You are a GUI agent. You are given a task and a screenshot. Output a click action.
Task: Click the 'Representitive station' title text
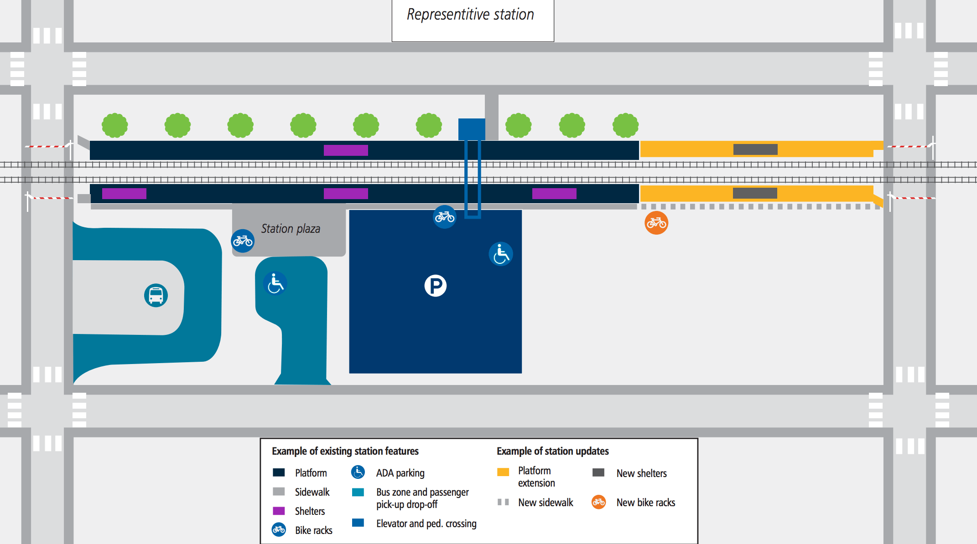470,15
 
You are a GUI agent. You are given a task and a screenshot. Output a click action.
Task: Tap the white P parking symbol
436,286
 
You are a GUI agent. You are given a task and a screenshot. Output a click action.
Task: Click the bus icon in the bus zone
156,295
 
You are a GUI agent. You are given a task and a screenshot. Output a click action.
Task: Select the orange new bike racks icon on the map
656,223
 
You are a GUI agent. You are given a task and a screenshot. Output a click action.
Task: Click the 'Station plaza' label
291,229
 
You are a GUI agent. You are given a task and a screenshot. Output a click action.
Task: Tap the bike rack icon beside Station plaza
243,241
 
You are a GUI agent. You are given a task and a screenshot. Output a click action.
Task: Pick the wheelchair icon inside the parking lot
501,254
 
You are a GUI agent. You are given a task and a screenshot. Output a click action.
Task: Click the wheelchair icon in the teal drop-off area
275,283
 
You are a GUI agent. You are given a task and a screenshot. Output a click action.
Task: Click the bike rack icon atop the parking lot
444,217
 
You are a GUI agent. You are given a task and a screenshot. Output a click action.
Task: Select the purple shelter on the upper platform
346,150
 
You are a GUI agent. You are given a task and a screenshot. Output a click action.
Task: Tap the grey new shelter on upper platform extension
755,149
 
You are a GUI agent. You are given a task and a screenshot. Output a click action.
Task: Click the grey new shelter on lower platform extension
755,193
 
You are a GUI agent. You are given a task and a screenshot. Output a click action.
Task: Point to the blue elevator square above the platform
472,129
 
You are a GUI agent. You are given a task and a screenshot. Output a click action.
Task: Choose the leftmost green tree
115,125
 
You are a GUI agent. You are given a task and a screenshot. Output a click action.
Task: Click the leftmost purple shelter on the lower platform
124,194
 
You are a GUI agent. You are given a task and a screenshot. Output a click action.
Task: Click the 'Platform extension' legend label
536,477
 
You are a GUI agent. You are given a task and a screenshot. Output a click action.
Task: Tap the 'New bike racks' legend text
645,503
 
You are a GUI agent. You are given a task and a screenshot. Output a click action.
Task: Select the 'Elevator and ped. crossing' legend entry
426,523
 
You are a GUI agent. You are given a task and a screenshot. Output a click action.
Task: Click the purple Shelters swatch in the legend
279,511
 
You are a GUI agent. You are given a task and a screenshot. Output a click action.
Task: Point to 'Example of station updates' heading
552,451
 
